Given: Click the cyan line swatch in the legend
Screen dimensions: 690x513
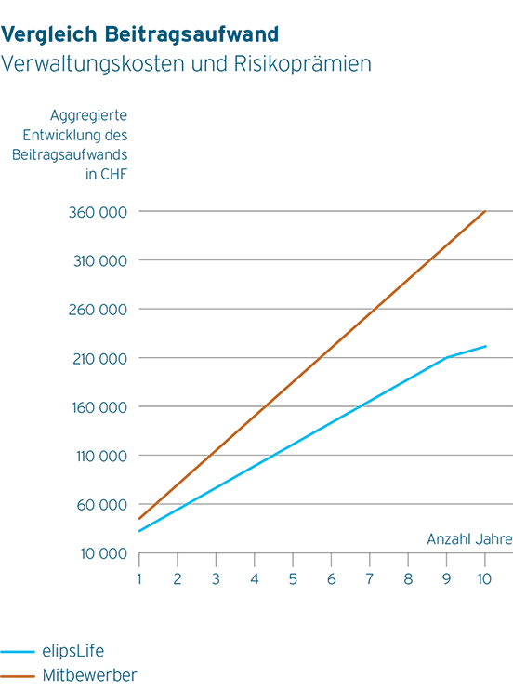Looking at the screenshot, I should point(20,652).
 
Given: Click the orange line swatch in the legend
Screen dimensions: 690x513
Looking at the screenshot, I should point(20,676).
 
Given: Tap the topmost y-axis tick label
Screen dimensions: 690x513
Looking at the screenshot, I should point(104,213).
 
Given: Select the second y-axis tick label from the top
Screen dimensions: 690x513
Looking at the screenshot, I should point(105,261).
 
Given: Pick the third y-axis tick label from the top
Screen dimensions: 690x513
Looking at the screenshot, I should point(104,310).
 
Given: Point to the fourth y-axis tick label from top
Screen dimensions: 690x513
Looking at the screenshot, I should point(105,359).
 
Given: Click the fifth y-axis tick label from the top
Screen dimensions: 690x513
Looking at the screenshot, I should point(105,407).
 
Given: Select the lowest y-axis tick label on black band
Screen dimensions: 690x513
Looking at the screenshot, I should point(110,555).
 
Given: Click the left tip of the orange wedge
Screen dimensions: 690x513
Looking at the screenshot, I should point(139,518).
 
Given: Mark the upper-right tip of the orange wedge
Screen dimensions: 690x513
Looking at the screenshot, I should point(483,211).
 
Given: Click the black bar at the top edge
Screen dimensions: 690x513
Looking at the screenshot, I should point(256,11).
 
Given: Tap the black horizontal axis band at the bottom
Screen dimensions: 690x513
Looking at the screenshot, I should point(325,562).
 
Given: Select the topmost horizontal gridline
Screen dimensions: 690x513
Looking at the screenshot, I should point(307,213).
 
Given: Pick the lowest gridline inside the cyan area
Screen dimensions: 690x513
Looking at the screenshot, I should point(325,503).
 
